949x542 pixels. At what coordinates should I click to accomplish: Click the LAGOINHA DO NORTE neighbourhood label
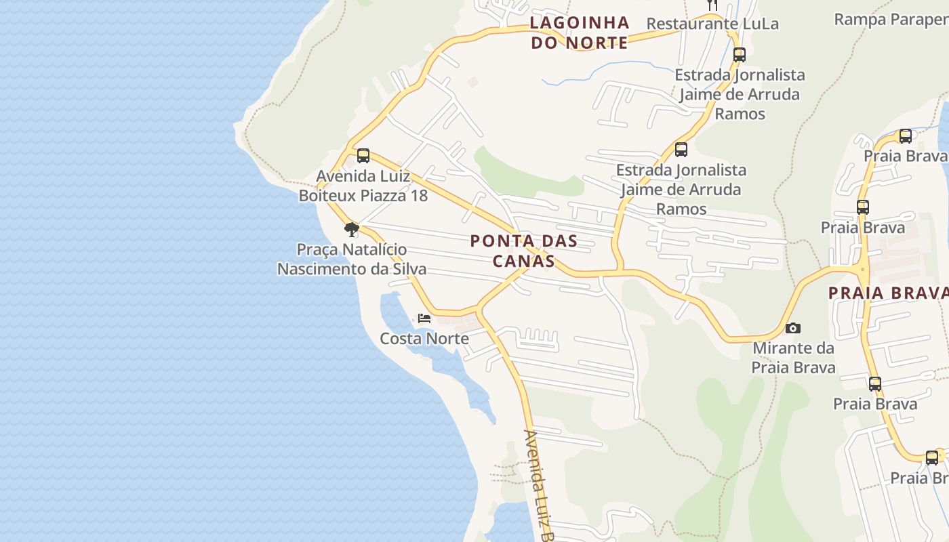(580, 33)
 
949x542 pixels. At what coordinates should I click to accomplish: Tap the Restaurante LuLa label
(712, 24)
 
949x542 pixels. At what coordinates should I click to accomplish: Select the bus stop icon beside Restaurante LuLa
(740, 55)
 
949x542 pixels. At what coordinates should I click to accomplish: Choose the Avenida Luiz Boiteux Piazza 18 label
(363, 186)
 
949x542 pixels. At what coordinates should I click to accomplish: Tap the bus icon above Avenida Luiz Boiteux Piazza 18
(363, 156)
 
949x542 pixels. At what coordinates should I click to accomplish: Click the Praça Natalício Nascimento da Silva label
(352, 259)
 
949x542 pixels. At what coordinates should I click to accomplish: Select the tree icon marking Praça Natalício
(351, 230)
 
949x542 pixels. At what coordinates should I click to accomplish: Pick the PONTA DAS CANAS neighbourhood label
(524, 251)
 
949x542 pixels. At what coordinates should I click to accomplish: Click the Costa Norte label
(424, 338)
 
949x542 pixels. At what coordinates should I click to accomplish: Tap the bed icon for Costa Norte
(424, 318)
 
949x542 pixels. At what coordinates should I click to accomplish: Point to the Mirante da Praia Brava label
(793, 358)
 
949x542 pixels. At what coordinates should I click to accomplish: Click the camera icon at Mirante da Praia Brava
(792, 329)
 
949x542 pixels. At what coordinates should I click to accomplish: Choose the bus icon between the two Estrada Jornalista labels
(681, 150)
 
